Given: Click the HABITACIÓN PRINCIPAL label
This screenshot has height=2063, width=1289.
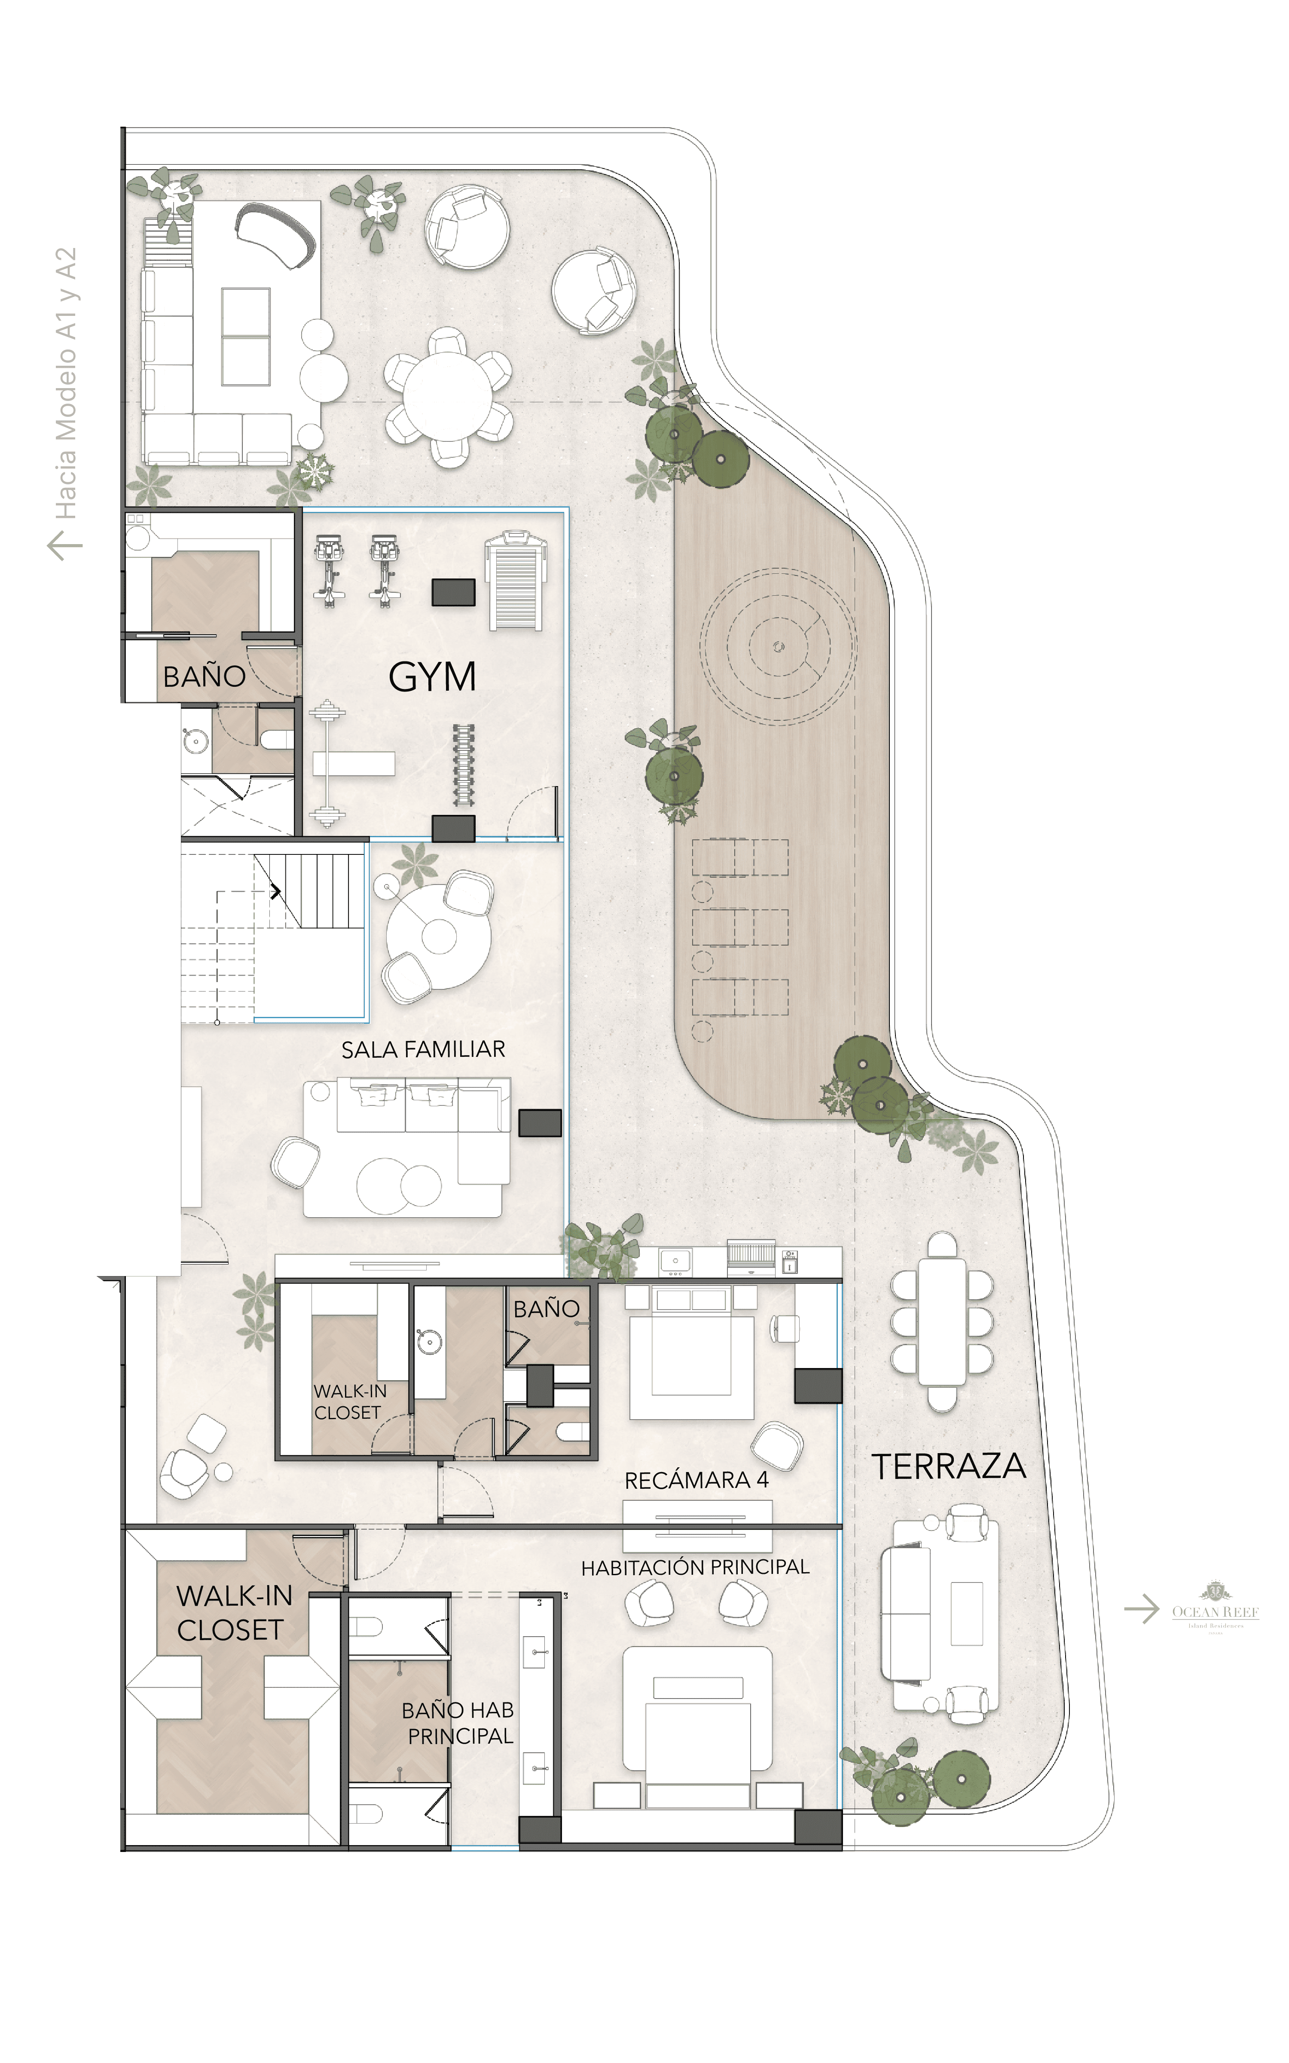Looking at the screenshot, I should (695, 1567).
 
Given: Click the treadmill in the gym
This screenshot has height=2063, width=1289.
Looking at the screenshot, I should (515, 582).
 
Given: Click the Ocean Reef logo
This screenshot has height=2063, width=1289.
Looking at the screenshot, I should (1215, 1609).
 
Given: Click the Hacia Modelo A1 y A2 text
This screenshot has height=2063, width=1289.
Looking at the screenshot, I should (66, 384).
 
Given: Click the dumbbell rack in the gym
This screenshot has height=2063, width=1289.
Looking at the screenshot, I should (463, 765).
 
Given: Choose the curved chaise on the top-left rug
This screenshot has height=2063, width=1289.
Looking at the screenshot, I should (275, 234).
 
